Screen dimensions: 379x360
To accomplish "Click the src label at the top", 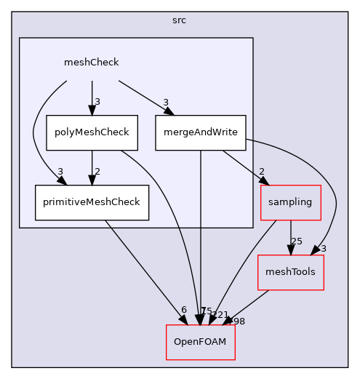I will tap(180, 20).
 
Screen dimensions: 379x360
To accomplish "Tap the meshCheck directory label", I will tap(92, 63).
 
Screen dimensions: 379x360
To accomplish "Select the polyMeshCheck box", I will tap(92, 132).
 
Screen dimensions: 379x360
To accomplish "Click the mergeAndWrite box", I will tap(201, 132).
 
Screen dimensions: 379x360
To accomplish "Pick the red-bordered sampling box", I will tap(291, 202).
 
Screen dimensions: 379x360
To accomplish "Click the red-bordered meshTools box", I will tap(291, 272).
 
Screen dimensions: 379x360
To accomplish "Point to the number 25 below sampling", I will tap(297, 241).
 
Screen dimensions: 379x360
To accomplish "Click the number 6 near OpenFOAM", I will tap(184, 310).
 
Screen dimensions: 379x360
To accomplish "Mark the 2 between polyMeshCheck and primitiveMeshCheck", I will tap(97, 171).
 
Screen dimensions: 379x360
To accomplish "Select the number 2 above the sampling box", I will tap(261, 171).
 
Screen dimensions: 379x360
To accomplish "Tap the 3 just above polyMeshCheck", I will tap(97, 101).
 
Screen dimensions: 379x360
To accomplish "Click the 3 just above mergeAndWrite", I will tap(166, 102).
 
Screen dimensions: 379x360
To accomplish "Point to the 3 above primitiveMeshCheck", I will tap(60, 172).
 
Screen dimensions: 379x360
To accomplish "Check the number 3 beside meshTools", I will tap(323, 249).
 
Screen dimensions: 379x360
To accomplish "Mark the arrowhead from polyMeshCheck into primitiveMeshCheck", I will tap(92, 180).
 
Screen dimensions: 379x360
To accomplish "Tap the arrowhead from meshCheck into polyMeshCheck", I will tap(92, 111).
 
